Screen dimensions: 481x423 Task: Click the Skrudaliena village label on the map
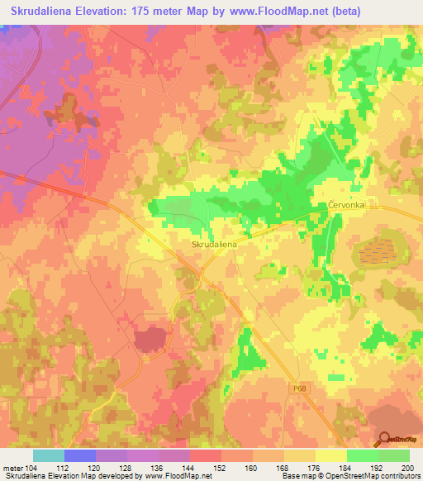tap(216, 245)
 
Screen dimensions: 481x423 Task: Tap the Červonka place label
tap(345, 204)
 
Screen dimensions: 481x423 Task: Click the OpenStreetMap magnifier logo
tap(385, 439)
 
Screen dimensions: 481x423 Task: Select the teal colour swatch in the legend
tap(49, 455)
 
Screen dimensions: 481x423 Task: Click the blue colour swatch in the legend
tap(80, 455)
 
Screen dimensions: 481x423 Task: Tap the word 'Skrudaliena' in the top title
tap(45, 11)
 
